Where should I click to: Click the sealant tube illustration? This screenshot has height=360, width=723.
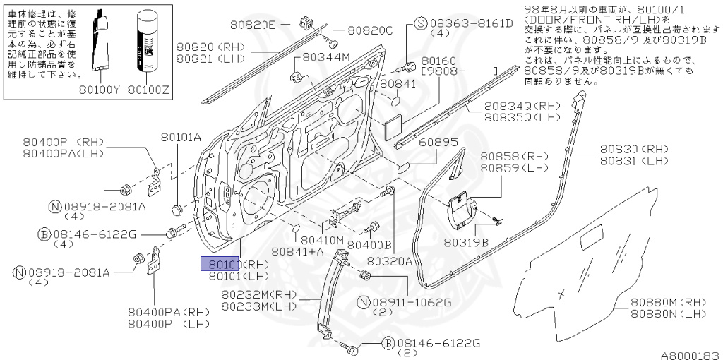coord(100,39)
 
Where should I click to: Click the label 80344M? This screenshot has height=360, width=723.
coord(326,57)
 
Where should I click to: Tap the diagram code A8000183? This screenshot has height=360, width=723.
coord(690,354)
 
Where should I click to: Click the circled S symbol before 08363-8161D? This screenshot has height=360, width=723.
coord(420,23)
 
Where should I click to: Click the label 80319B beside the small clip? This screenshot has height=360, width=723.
coord(466,242)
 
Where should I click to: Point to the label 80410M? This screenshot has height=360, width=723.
coord(321,240)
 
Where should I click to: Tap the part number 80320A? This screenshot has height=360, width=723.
coord(389,260)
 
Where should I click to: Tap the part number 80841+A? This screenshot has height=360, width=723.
coord(297,251)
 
